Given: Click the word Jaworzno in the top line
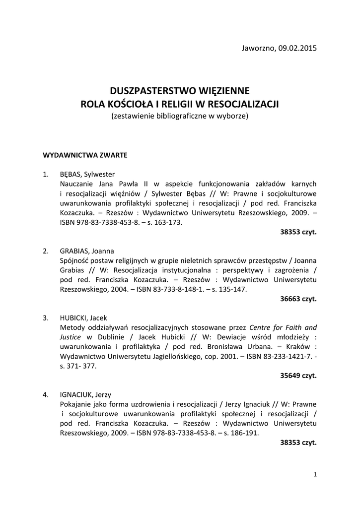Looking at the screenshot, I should tap(256, 48).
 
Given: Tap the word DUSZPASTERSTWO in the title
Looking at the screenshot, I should tap(152, 91).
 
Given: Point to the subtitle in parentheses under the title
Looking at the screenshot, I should tap(180, 116).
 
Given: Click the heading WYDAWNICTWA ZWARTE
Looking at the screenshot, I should tap(85, 155).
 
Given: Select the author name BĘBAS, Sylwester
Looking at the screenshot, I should tap(87, 174).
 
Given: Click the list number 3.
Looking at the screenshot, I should tap(45, 318).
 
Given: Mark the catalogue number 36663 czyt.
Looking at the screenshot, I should tap(298, 299).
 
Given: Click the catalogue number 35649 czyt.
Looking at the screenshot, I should tap(298, 376).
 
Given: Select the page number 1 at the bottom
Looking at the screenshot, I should tap(315, 475).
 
